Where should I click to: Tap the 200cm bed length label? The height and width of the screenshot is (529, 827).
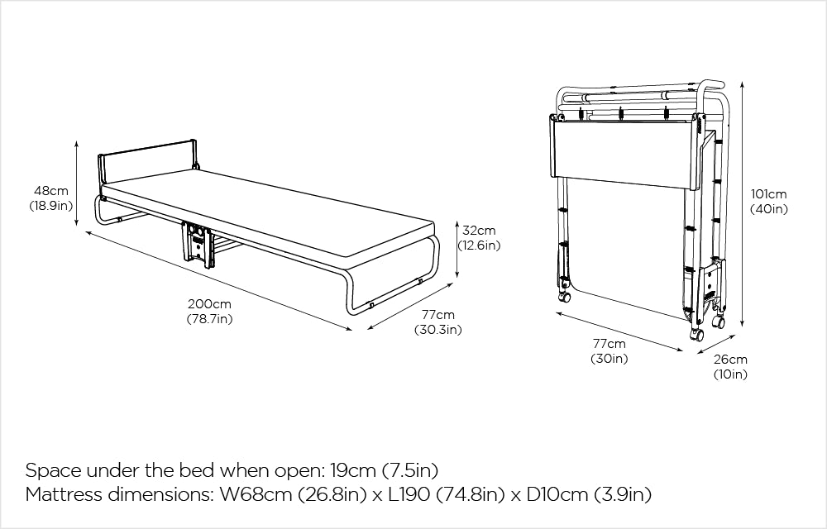209,304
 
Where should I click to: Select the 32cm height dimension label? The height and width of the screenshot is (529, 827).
479,231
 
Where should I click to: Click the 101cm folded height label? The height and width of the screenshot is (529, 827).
768,195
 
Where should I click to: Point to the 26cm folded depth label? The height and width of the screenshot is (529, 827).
730,360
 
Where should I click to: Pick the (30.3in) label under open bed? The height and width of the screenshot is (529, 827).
437,330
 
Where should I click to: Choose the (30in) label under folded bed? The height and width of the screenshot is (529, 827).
609,358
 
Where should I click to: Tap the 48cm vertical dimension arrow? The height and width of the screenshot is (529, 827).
77,183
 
